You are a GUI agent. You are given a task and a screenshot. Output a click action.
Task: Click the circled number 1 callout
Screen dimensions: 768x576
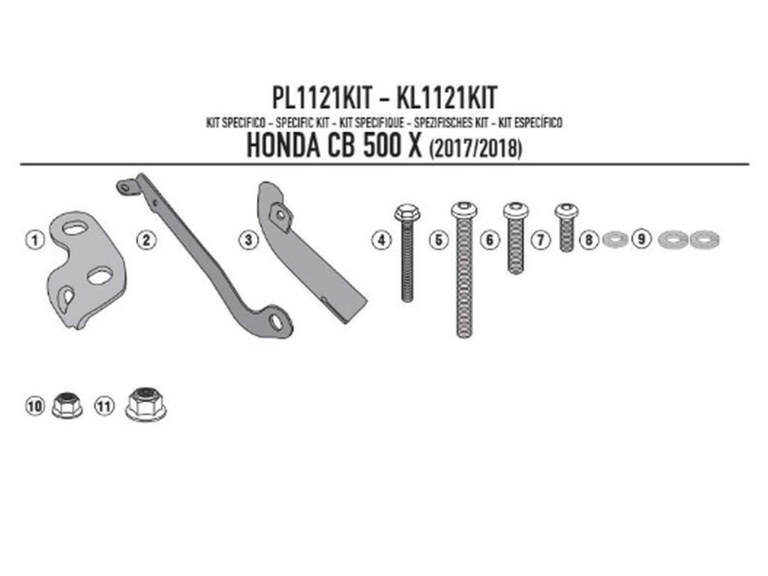pyautogui.click(x=32, y=240)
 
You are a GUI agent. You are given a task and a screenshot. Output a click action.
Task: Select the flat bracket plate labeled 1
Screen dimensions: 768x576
pyautogui.click(x=86, y=266)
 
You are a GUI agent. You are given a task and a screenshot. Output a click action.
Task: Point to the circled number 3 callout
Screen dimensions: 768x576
pyautogui.click(x=246, y=240)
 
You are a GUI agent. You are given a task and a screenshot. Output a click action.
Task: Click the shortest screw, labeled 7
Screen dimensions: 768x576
pyautogui.click(x=565, y=225)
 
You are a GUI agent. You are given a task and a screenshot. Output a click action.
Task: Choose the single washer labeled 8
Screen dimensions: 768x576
pyautogui.click(x=615, y=240)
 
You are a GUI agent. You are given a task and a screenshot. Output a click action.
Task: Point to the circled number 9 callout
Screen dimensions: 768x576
pyautogui.click(x=640, y=240)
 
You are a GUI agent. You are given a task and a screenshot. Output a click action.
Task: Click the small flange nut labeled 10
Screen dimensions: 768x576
pyautogui.click(x=67, y=406)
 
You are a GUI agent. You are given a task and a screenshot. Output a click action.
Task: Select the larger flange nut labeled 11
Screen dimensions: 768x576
pyautogui.click(x=145, y=404)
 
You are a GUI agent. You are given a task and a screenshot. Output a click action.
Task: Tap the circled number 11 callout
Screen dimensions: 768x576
pyautogui.click(x=103, y=406)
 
